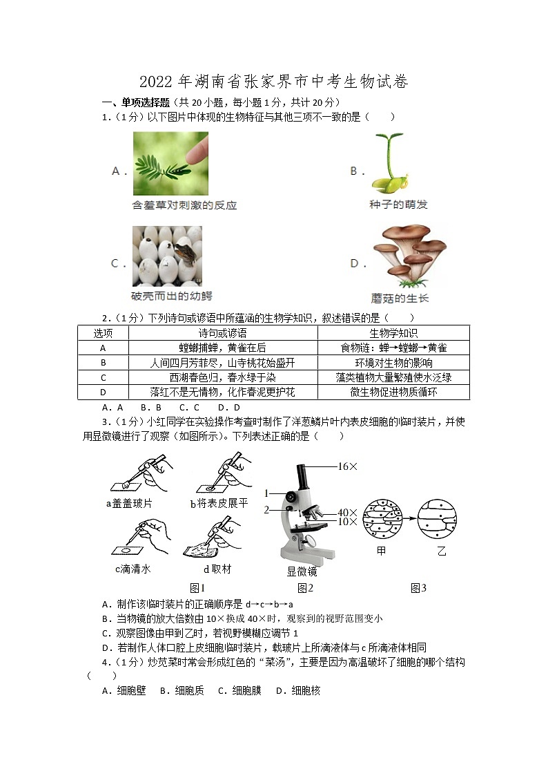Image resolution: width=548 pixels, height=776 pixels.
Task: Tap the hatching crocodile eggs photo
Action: (x=167, y=256)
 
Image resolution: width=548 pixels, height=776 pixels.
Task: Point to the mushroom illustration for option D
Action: (x=408, y=255)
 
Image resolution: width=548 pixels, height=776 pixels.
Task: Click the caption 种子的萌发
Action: (x=398, y=205)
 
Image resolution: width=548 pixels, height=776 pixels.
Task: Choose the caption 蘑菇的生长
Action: (x=400, y=298)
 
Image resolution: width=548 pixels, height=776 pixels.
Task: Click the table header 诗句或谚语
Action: (x=222, y=333)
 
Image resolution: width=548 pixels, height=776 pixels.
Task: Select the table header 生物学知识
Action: (x=393, y=333)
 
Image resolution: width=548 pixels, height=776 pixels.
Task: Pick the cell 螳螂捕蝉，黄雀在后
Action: (x=222, y=348)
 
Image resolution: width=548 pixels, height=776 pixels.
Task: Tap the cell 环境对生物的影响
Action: (x=393, y=363)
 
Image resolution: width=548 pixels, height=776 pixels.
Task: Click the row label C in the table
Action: (x=103, y=377)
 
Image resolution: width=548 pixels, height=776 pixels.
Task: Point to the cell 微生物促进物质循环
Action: (x=393, y=392)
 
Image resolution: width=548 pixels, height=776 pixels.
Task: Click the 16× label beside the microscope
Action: (x=348, y=467)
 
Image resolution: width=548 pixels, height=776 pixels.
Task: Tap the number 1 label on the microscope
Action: (x=266, y=493)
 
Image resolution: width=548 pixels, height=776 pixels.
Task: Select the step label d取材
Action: (x=217, y=569)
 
